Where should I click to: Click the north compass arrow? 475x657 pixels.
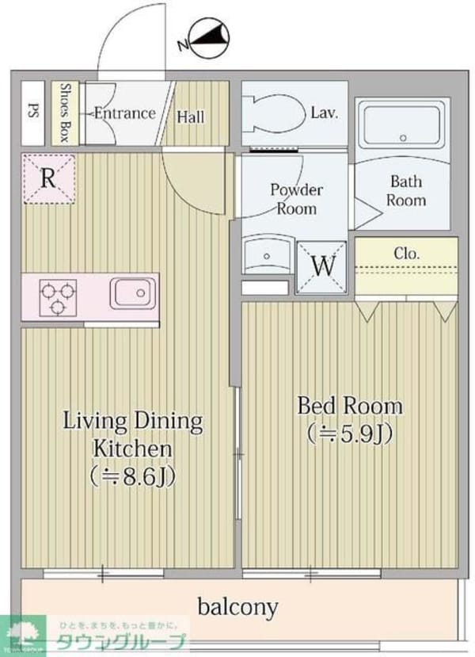point(204,38)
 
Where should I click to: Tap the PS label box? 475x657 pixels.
point(32,113)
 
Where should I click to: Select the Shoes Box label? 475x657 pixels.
point(65,113)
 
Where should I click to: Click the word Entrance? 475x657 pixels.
point(124,113)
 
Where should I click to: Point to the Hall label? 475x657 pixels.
point(190,117)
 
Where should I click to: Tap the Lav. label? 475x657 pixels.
point(325,113)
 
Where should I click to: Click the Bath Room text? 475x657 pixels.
point(405,191)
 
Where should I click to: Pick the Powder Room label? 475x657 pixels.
point(296,199)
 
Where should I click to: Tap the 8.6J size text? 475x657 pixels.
point(132,477)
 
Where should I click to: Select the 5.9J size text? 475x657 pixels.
point(349,434)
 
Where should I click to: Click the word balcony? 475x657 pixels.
point(237,608)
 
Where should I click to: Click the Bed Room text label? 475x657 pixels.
point(349,406)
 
